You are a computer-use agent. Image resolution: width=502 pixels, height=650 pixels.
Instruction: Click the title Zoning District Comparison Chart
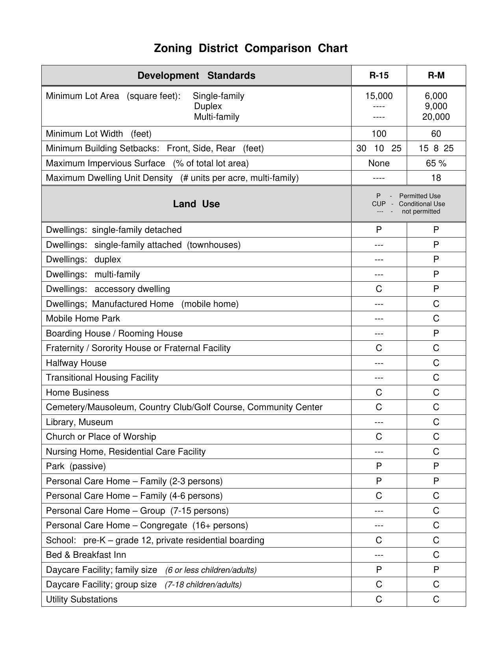pyautogui.click(x=250, y=48)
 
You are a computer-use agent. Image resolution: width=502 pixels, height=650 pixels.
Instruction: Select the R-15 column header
pyautogui.click(x=379, y=76)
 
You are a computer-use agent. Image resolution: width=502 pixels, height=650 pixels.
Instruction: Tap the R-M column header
pyautogui.click(x=436, y=76)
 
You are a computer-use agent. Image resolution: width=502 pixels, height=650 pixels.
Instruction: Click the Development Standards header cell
pyautogui.click(x=196, y=76)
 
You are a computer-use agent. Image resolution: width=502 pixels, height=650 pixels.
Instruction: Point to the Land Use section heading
pyautogui.click(x=196, y=204)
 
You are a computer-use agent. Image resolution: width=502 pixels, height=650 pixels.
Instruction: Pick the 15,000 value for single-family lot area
pyautogui.click(x=379, y=96)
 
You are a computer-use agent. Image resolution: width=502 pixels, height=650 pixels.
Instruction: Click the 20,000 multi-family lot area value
pyautogui.click(x=436, y=117)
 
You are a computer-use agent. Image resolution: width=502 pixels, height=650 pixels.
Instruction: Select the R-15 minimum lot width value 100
pyautogui.click(x=379, y=134)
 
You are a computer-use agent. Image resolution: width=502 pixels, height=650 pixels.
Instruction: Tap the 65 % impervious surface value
pyautogui.click(x=436, y=163)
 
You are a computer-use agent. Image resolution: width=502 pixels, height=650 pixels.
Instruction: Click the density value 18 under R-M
pyautogui.click(x=436, y=178)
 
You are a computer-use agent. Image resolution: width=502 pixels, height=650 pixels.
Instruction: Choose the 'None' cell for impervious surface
pyautogui.click(x=379, y=163)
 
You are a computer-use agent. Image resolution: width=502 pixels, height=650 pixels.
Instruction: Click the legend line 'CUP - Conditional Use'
pyautogui.click(x=408, y=204)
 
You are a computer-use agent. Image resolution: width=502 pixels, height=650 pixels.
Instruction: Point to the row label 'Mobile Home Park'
pyautogui.click(x=83, y=319)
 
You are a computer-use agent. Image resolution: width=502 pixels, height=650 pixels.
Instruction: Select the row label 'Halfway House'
pyautogui.click(x=76, y=363)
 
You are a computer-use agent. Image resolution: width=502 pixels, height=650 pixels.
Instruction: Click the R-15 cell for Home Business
pyautogui.click(x=379, y=393)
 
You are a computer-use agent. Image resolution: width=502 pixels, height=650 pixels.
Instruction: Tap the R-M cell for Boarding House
pyautogui.click(x=436, y=334)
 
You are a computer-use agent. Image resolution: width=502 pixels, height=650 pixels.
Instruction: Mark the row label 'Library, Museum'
pyautogui.click(x=79, y=422)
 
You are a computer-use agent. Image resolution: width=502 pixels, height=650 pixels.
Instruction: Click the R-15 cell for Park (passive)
pyautogui.click(x=379, y=466)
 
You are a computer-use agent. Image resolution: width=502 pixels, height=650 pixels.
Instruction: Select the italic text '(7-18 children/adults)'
pyautogui.click(x=203, y=585)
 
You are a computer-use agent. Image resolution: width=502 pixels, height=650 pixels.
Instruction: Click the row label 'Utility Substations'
pyautogui.click(x=82, y=600)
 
